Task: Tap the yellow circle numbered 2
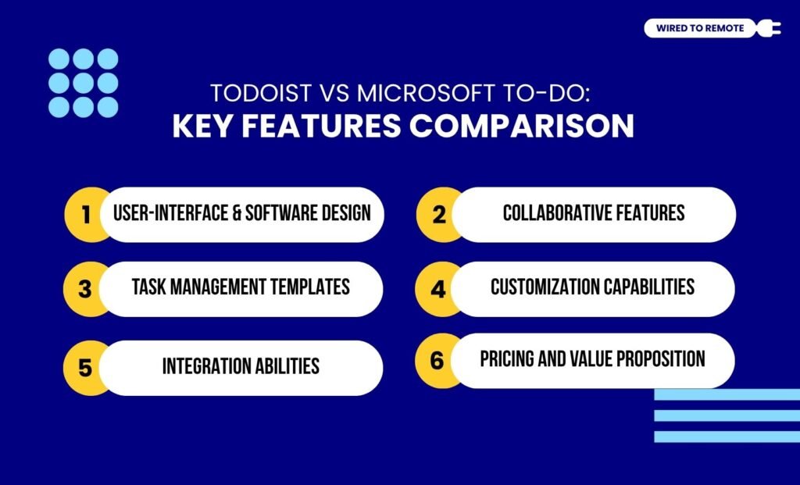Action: click(439, 214)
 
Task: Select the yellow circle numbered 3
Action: click(84, 289)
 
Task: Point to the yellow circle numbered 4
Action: click(439, 289)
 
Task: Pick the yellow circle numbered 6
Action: click(438, 360)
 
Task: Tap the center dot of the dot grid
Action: click(84, 83)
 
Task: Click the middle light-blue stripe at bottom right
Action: click(727, 415)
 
